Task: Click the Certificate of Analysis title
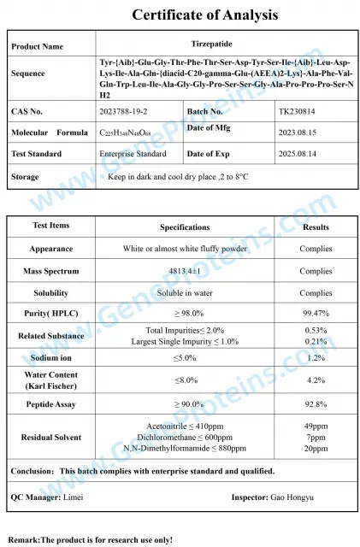click(204, 15)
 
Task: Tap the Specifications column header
click(185, 226)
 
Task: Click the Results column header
click(316, 226)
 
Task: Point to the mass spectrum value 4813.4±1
click(185, 271)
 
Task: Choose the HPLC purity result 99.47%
click(316, 314)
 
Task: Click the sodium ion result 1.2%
click(316, 358)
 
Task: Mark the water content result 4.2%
click(316, 380)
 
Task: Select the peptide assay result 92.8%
click(316, 404)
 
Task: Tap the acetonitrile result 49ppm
click(316, 426)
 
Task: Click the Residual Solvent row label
click(51, 437)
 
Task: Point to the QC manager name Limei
click(74, 496)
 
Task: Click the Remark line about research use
click(90, 539)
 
